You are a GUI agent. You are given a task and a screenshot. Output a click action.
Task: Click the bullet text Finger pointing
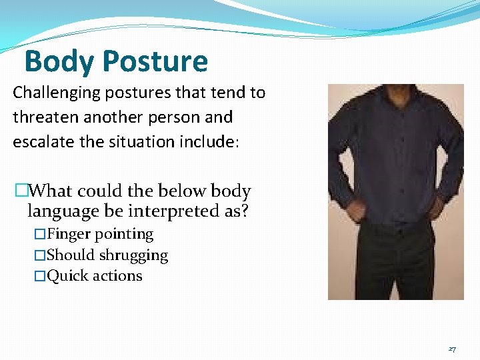(100, 234)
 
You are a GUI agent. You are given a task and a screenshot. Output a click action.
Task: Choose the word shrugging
(133, 255)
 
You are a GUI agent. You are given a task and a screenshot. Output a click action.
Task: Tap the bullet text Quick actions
(94, 276)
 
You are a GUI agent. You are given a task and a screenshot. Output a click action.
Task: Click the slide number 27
(452, 349)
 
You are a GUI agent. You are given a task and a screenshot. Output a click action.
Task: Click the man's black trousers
(393, 267)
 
